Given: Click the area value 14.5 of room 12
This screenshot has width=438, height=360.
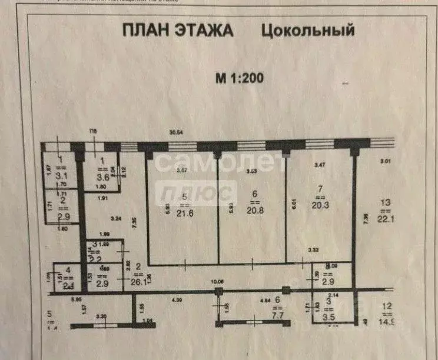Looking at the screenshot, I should pyautogui.click(x=387, y=322).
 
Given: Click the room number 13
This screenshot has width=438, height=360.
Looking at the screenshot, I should pyautogui.click(x=386, y=203).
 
